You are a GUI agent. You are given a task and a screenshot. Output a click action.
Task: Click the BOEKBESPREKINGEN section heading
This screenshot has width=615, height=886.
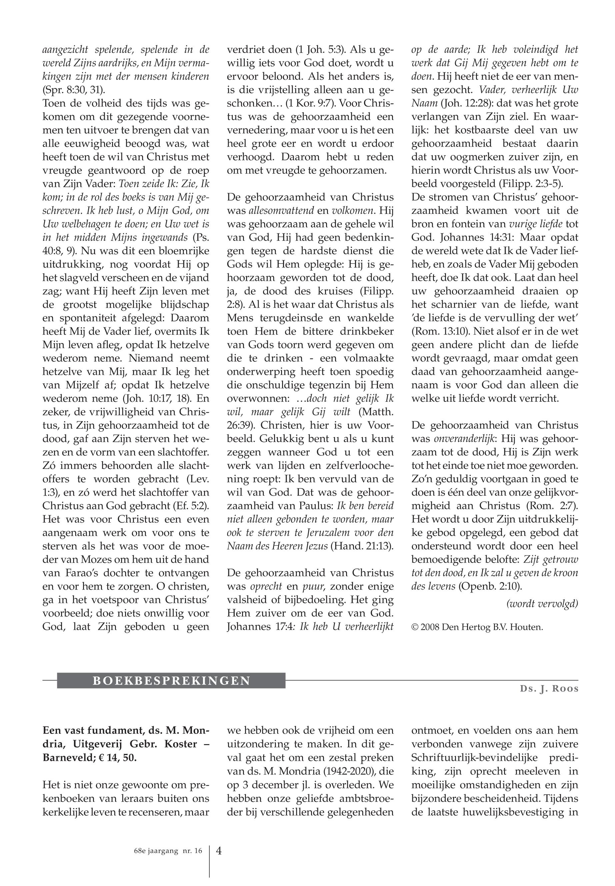(171, 681)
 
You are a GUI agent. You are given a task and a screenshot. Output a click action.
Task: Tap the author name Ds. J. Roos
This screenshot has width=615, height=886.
(549, 688)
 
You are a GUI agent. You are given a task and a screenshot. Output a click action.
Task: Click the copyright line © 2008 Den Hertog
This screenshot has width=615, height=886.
(477, 627)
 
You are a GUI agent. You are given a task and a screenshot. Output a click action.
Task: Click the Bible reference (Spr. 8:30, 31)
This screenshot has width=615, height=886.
(74, 90)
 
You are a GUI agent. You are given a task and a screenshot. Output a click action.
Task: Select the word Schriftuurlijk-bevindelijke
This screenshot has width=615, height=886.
(475, 757)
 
